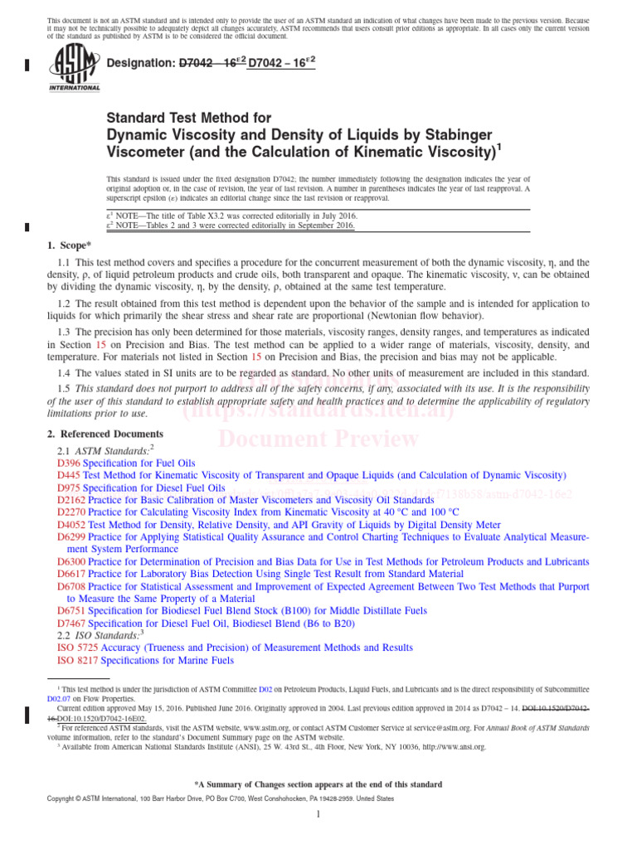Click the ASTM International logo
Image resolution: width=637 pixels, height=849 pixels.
click(75, 67)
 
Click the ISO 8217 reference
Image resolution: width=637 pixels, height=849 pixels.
click(78, 660)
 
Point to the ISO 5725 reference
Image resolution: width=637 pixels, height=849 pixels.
click(78, 648)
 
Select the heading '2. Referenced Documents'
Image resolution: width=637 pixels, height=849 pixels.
click(105, 434)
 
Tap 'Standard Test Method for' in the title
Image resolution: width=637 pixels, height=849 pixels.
click(189, 119)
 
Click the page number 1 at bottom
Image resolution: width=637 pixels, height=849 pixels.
click(318, 815)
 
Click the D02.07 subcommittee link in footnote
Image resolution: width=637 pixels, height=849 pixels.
click(58, 699)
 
